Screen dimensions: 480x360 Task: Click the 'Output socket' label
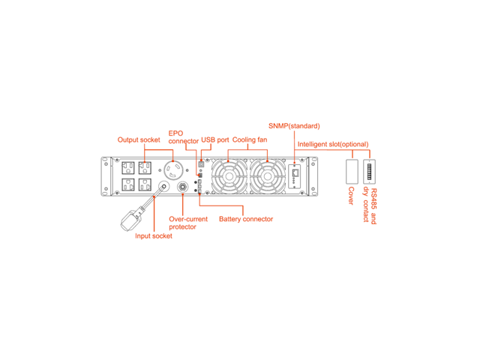[139, 139]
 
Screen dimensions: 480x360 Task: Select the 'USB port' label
[215, 139]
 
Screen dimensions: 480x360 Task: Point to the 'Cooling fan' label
[250, 139]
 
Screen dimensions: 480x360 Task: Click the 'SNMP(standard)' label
[294, 125]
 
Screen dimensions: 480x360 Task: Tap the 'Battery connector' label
[246, 219]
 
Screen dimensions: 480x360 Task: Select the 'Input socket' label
[154, 235]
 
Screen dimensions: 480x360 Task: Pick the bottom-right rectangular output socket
[146, 186]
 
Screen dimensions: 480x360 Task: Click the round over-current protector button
[182, 188]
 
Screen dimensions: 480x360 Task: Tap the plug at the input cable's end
[133, 219]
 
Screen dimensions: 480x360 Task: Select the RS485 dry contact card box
[369, 172]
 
